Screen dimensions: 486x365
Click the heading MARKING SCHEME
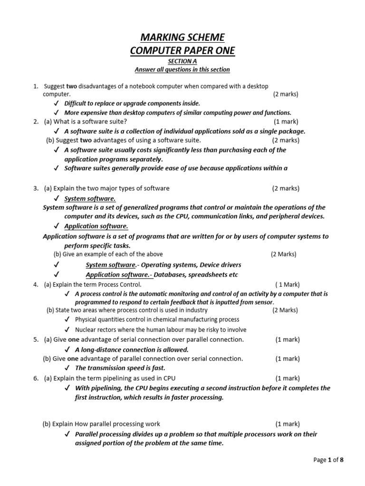(182, 37)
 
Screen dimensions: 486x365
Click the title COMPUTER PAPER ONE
(182, 51)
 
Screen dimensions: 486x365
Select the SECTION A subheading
(182, 61)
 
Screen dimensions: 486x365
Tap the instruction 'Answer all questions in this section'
(182, 70)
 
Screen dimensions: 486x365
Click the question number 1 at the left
(35, 86)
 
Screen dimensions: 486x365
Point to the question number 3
(36, 188)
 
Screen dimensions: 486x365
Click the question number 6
(36, 378)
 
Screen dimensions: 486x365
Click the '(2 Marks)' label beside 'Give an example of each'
(283, 254)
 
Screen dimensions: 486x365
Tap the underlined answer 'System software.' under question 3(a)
(90, 198)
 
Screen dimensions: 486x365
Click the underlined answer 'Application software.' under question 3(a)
(96, 226)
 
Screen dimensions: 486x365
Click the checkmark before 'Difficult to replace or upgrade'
(57, 103)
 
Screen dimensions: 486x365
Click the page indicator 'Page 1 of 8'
(328, 460)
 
